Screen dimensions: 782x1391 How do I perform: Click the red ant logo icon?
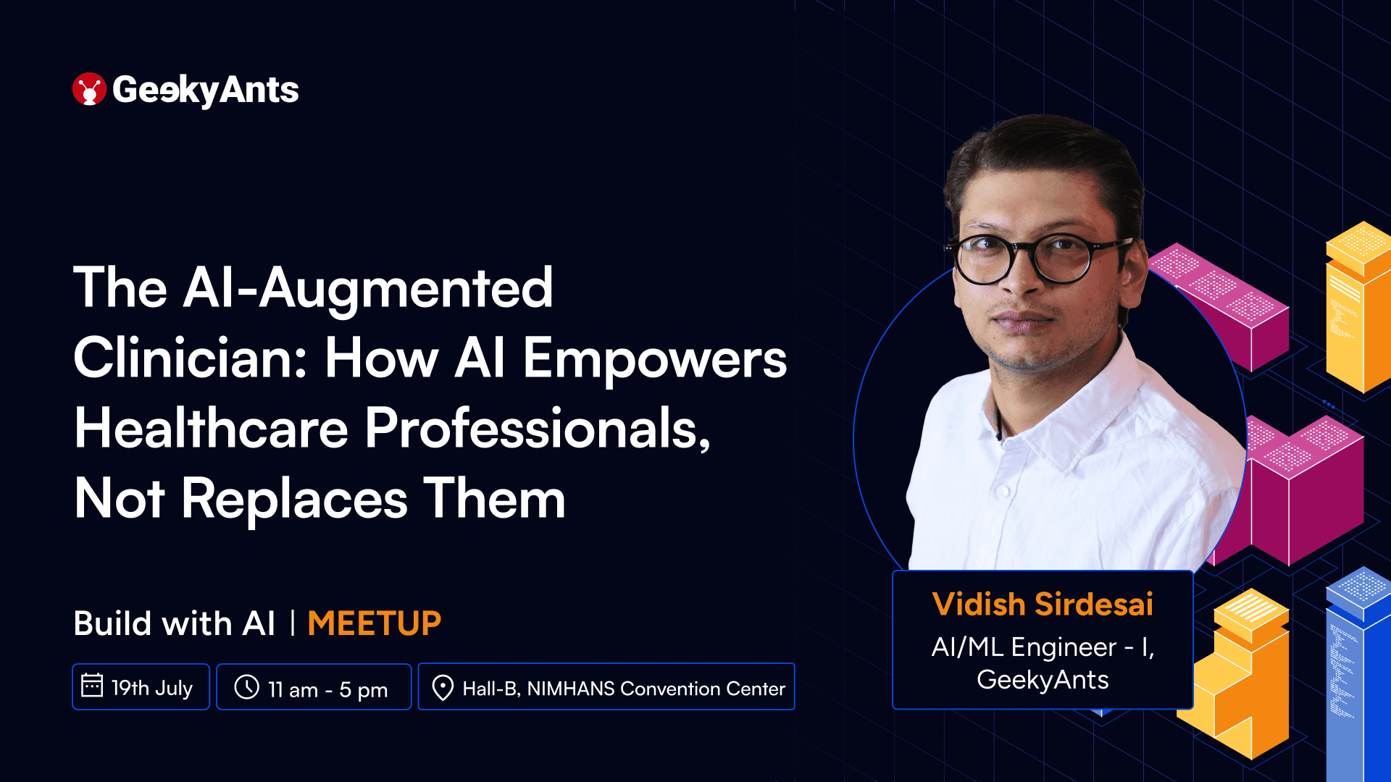point(89,89)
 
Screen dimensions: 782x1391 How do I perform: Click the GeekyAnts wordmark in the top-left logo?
point(205,91)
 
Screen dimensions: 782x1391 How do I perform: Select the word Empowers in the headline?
point(654,359)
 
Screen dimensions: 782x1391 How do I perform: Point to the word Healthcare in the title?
point(211,428)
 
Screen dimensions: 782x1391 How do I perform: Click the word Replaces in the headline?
point(294,499)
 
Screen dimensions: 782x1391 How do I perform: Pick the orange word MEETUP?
point(374,623)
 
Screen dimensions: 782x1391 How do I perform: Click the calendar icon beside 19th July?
point(92,686)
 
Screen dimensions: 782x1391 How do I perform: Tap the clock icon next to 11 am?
point(247,687)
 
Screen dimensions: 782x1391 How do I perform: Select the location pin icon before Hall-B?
point(442,688)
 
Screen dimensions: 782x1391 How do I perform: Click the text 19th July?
point(152,688)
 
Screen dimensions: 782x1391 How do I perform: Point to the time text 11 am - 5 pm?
point(327,689)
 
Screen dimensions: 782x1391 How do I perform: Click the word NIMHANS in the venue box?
point(571,689)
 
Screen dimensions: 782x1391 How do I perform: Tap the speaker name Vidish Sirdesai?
point(1042,605)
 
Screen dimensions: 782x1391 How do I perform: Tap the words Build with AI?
point(174,623)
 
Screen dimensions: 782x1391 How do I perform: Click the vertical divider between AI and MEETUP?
point(293,623)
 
